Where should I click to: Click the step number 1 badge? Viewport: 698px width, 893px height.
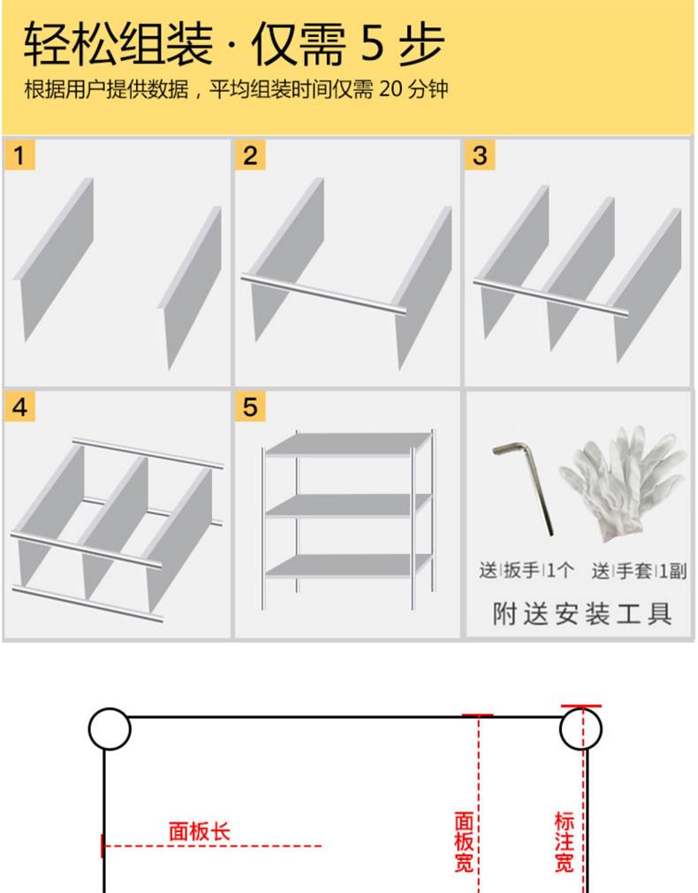(x=20, y=155)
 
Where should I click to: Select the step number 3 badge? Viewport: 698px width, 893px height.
(x=480, y=155)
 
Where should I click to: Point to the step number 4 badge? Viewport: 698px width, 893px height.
(x=20, y=406)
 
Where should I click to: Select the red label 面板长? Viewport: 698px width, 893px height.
(x=200, y=831)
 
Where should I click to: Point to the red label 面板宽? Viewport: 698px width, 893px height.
(x=464, y=842)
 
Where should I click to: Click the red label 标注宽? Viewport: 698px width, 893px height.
(x=564, y=842)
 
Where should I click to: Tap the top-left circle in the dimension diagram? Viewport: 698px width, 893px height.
(x=110, y=729)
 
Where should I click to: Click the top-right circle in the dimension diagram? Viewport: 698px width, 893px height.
(x=580, y=729)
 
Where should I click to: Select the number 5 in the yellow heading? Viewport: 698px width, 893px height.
(x=373, y=43)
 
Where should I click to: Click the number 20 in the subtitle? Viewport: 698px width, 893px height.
(x=391, y=89)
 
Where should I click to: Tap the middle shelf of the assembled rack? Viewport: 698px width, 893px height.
(x=347, y=504)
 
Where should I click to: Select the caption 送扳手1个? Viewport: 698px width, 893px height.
(x=527, y=570)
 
